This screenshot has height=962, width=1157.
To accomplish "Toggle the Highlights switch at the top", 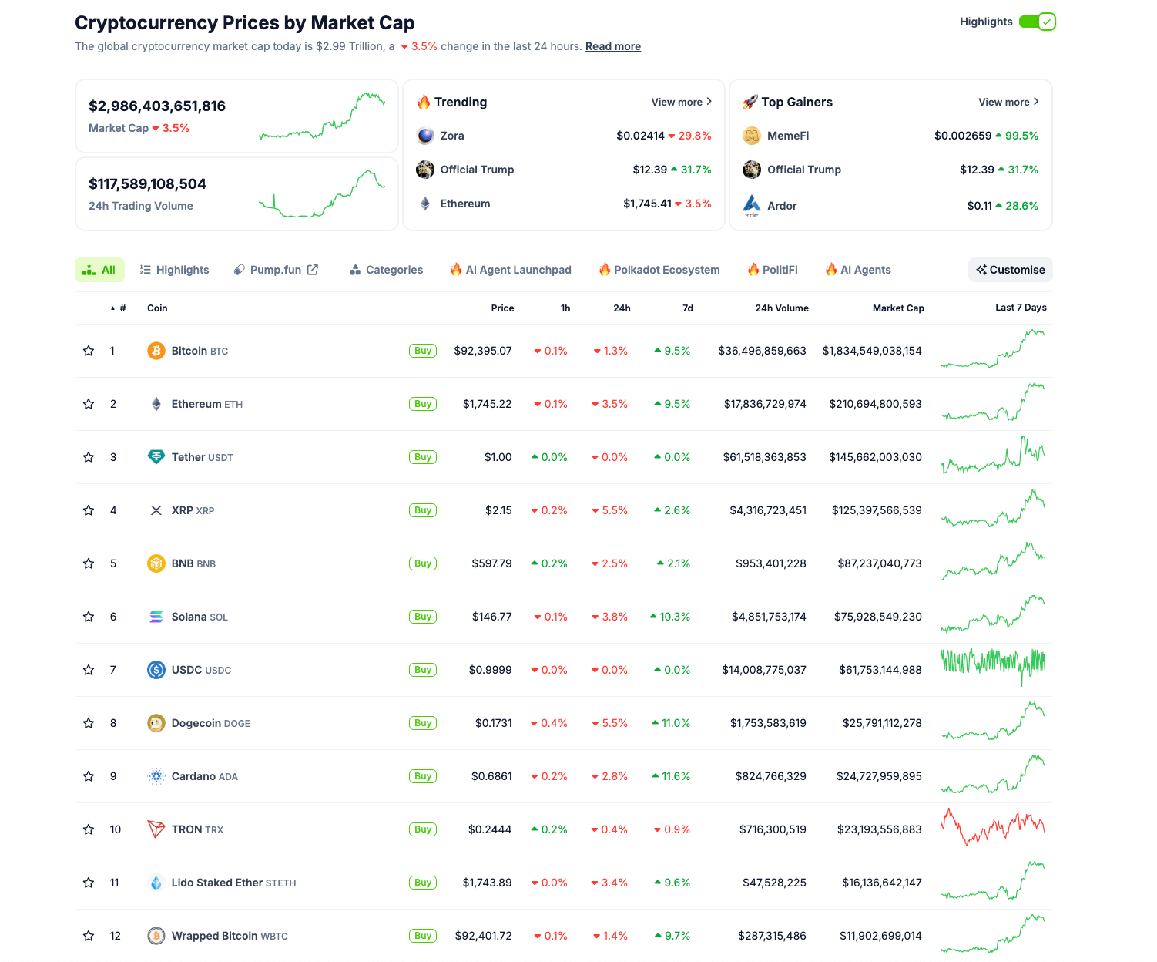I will click(1037, 22).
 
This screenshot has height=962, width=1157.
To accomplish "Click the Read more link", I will click(612, 46).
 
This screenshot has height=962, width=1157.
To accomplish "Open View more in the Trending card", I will click(681, 102).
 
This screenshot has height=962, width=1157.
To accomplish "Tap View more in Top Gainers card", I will click(1008, 102).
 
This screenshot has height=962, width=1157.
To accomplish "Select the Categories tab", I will click(386, 270).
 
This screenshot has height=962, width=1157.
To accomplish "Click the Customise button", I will click(1010, 270).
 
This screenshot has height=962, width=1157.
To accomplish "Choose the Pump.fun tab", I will click(276, 270).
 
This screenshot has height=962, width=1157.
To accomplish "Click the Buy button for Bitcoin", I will click(423, 351).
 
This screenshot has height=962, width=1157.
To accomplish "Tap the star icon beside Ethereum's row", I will click(89, 404).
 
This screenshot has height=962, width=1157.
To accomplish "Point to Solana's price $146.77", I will click(491, 617).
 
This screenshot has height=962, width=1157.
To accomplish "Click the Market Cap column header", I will click(897, 308).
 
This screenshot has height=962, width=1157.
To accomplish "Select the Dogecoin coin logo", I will click(156, 723).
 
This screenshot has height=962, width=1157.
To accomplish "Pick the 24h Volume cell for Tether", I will click(764, 457).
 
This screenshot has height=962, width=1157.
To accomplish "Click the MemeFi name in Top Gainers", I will click(788, 136).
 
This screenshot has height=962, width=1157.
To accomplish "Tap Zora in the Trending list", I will click(452, 136).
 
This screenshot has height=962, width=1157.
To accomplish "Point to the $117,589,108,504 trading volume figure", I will click(147, 184).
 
